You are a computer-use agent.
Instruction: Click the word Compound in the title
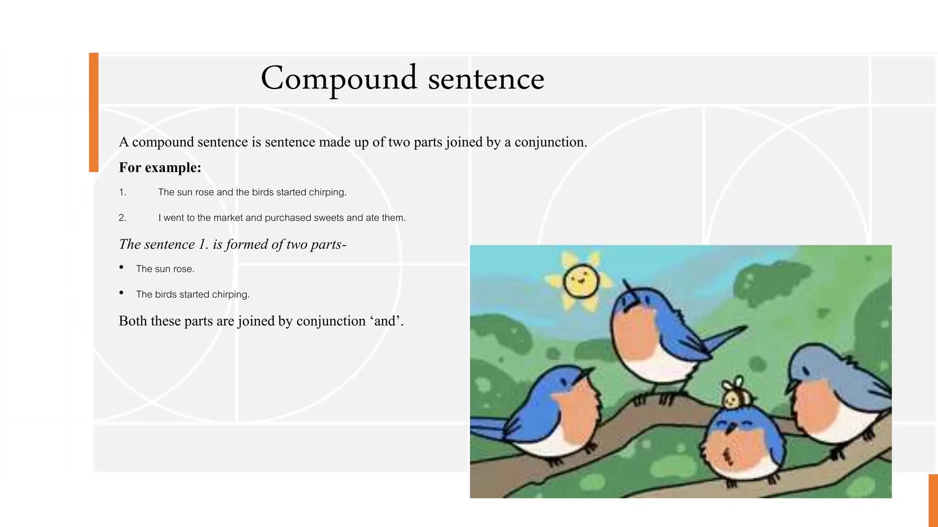(x=339, y=79)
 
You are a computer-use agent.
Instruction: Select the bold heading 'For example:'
(x=160, y=167)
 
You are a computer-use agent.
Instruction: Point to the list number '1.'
(x=122, y=193)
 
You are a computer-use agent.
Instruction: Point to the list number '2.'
(x=122, y=218)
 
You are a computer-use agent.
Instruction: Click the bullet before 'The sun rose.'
(x=121, y=267)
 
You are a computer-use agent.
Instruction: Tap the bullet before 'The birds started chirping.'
(x=121, y=293)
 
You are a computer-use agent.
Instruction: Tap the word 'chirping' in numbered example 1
(x=327, y=193)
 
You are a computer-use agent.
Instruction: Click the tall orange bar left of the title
(x=93, y=112)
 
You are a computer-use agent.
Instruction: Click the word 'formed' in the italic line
(x=247, y=245)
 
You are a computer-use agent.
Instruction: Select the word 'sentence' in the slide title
(x=486, y=79)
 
